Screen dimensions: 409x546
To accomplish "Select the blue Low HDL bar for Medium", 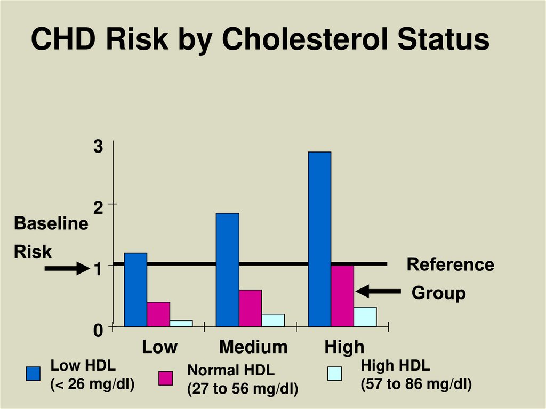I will point(228,269).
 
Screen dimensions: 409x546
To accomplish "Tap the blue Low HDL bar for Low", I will point(135,290).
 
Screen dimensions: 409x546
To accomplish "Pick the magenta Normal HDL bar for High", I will point(342,296).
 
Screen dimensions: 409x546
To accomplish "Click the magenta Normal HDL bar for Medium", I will point(251,308).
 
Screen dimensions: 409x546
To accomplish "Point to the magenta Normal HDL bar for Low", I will point(158,314).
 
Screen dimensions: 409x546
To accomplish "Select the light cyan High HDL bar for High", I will point(365,317).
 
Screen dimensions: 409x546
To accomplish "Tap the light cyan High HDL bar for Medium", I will point(273,320).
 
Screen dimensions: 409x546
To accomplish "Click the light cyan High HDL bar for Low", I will point(181,323).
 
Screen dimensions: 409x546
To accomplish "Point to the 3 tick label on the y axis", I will point(98,147).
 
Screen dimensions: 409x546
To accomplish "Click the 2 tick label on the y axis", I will point(98,208).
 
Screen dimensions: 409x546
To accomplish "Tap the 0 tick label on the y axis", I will point(98,331).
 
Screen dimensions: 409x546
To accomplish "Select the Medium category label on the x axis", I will point(253,348).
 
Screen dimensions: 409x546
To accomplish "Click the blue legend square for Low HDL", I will point(34,374).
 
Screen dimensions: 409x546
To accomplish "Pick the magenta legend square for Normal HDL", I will point(166,378).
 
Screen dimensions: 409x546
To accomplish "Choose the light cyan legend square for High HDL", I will point(334,374).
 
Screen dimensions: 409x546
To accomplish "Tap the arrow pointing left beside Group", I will point(378,291).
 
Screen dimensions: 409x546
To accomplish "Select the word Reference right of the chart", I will point(450,264).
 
